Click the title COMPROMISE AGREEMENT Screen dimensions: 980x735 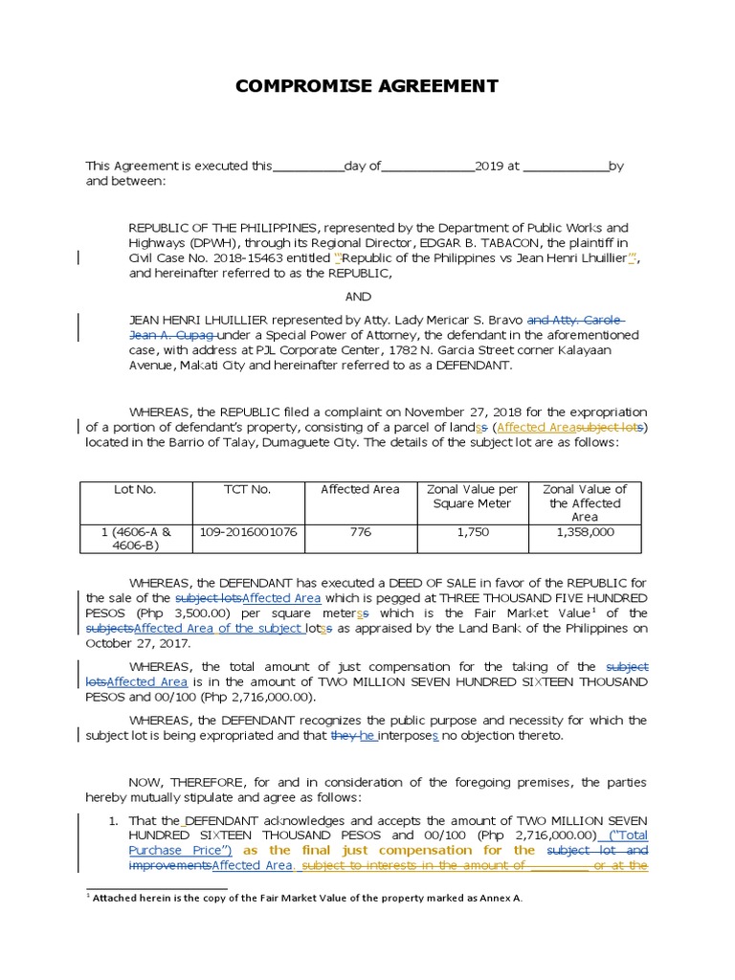(x=367, y=86)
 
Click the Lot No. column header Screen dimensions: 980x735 (x=135, y=489)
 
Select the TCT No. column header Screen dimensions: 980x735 (x=247, y=489)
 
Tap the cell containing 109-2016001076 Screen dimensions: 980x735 (x=247, y=532)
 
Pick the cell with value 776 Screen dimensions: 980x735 (x=360, y=532)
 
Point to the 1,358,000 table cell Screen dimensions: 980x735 (x=584, y=532)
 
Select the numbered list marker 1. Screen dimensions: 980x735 (x=113, y=820)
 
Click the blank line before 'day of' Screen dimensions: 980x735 (x=308, y=167)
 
